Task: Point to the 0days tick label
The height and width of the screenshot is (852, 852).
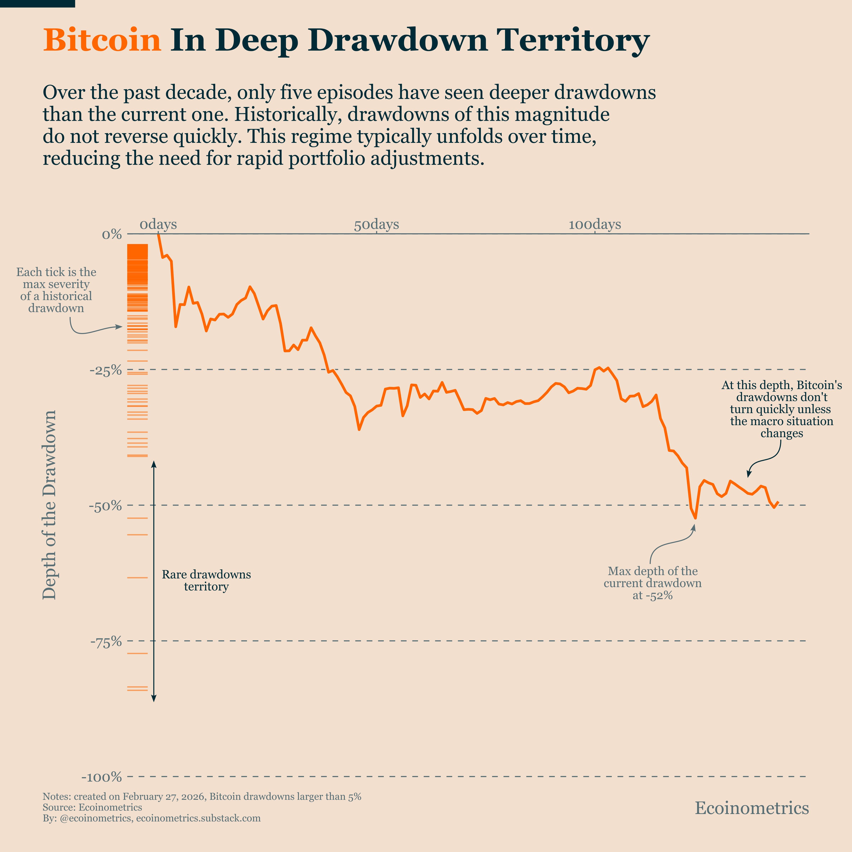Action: pyautogui.click(x=158, y=224)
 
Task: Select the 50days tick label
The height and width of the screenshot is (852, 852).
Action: pyautogui.click(x=376, y=224)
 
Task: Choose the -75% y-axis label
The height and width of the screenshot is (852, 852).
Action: pyautogui.click(x=106, y=642)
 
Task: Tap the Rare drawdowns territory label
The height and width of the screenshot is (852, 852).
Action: pyautogui.click(x=206, y=580)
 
